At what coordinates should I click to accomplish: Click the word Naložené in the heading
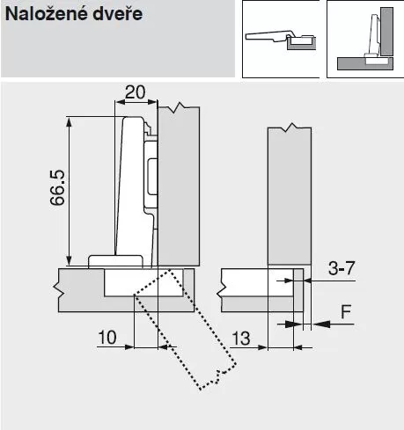pyautogui.click(x=44, y=13)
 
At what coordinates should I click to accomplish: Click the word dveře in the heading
pyautogui.click(x=118, y=13)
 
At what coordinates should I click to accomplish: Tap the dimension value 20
pyautogui.click(x=135, y=92)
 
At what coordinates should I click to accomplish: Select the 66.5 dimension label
pyautogui.click(x=57, y=187)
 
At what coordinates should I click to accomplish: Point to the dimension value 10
pyautogui.click(x=107, y=338)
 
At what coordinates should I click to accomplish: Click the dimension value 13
pyautogui.click(x=241, y=339)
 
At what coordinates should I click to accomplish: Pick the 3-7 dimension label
pyautogui.click(x=342, y=268)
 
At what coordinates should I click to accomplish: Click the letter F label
pyautogui.click(x=346, y=311)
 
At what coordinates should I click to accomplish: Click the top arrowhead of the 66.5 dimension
pyautogui.click(x=69, y=125)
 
